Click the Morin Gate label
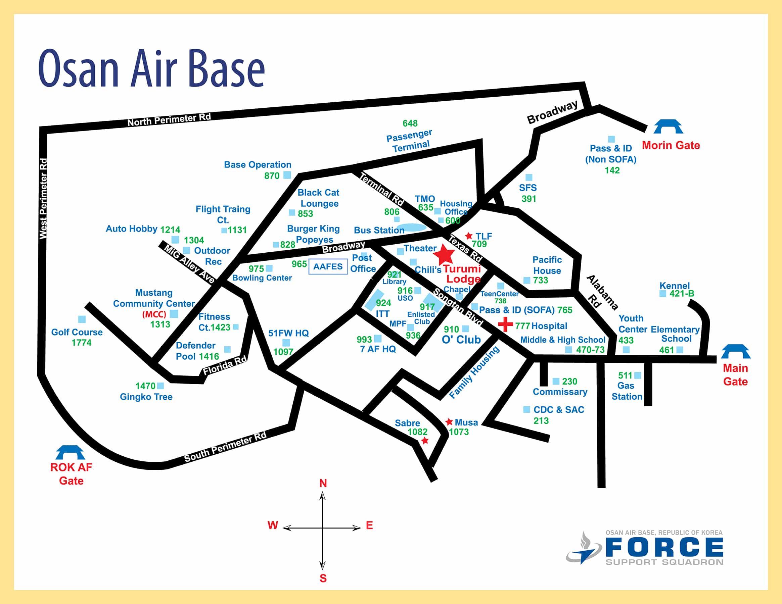(671, 145)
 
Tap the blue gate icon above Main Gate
(736, 351)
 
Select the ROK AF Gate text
(71, 474)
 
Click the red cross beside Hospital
(506, 324)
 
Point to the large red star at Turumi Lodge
(444, 254)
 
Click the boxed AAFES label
(328, 266)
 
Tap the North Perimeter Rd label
(169, 119)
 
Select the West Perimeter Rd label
(43, 199)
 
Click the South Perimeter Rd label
(225, 447)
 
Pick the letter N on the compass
(323, 484)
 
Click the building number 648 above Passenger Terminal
(410, 123)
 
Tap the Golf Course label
(77, 332)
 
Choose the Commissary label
(560, 392)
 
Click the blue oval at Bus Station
(412, 227)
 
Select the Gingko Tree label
(146, 397)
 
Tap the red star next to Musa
(449, 422)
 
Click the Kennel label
(675, 286)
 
